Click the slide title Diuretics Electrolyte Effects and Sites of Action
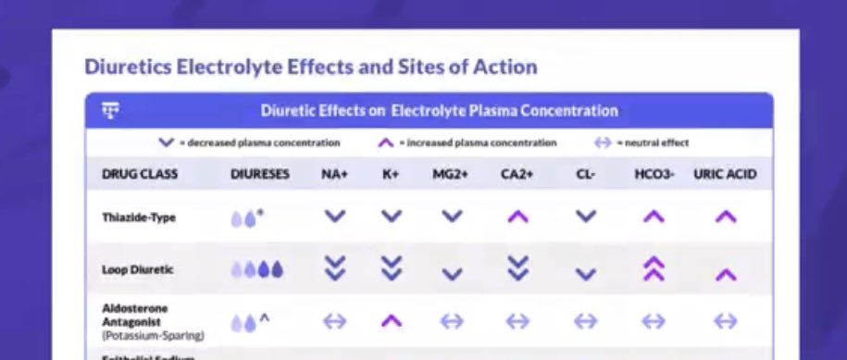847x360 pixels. point(311,68)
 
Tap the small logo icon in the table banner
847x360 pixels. point(111,111)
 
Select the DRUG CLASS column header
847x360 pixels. point(140,173)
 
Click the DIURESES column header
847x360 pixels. point(259,173)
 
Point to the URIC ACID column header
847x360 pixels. point(725,173)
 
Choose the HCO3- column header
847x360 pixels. point(654,173)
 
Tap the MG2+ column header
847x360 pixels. point(451,173)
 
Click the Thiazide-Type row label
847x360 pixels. point(138,217)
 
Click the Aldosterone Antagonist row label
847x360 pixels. point(135,314)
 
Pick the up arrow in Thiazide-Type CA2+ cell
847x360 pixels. point(518,217)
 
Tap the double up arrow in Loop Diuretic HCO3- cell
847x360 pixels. point(654,268)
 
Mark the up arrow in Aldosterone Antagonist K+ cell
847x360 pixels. point(392,321)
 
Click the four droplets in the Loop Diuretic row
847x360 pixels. point(257,269)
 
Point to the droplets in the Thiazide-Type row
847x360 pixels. point(246,218)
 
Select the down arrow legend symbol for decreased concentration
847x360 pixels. point(166,143)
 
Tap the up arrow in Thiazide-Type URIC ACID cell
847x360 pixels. point(726,217)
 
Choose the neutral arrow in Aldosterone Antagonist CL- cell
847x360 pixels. point(585,321)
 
